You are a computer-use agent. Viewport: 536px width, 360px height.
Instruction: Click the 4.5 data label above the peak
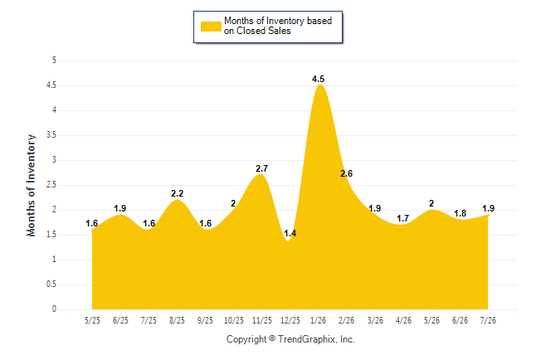pyautogui.click(x=318, y=79)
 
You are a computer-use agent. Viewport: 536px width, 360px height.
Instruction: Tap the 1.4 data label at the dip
pyautogui.click(x=290, y=234)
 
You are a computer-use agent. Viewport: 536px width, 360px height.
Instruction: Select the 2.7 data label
pyautogui.click(x=261, y=168)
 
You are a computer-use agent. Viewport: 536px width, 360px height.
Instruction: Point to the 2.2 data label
pyautogui.click(x=177, y=193)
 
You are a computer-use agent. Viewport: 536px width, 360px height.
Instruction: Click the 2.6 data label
pyautogui.click(x=346, y=173)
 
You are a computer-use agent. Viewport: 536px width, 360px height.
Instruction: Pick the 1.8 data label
pyautogui.click(x=460, y=213)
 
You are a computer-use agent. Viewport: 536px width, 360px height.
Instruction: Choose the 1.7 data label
pyautogui.click(x=402, y=218)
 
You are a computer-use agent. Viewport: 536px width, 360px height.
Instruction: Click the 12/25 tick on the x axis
pyautogui.click(x=290, y=320)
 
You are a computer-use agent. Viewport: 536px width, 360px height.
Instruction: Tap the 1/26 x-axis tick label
pyautogui.click(x=318, y=320)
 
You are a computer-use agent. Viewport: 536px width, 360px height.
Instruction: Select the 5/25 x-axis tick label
pyautogui.click(x=92, y=320)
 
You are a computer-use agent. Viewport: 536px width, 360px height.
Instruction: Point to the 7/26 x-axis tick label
pyautogui.click(x=488, y=320)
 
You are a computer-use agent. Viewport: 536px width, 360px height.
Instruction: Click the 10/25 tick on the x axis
pyautogui.click(x=233, y=320)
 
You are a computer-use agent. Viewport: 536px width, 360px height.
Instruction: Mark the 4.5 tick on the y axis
pyautogui.click(x=51, y=85)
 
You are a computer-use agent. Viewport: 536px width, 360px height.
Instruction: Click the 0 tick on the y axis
pyautogui.click(x=54, y=309)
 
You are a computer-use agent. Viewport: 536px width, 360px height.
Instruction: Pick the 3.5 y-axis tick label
pyautogui.click(x=51, y=135)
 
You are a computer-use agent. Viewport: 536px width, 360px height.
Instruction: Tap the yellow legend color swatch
pyautogui.click(x=211, y=27)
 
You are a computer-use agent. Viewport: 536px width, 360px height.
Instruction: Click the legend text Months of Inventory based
pyautogui.click(x=278, y=21)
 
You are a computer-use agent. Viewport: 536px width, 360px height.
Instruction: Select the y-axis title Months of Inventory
pyautogui.click(x=31, y=185)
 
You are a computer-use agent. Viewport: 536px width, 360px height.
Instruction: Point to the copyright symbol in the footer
pyautogui.click(x=272, y=338)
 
